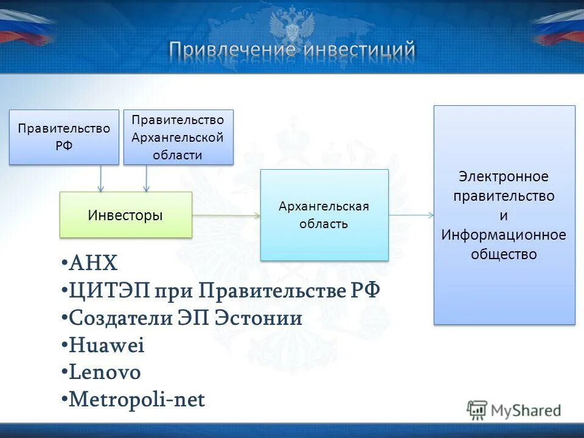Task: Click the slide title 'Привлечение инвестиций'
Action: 292,50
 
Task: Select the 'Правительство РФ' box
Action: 64,137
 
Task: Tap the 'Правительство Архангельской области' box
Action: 178,137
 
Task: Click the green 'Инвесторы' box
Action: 125,215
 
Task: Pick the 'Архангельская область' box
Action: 324,215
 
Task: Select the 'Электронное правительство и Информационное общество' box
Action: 504,215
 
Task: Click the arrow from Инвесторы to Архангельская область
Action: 226,215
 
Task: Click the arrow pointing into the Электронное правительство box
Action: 411,215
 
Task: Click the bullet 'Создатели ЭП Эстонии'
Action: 186,318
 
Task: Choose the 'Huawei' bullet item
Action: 106,346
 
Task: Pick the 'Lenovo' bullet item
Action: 105,372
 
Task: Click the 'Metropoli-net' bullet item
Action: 137,400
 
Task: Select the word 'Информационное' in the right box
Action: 504,234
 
